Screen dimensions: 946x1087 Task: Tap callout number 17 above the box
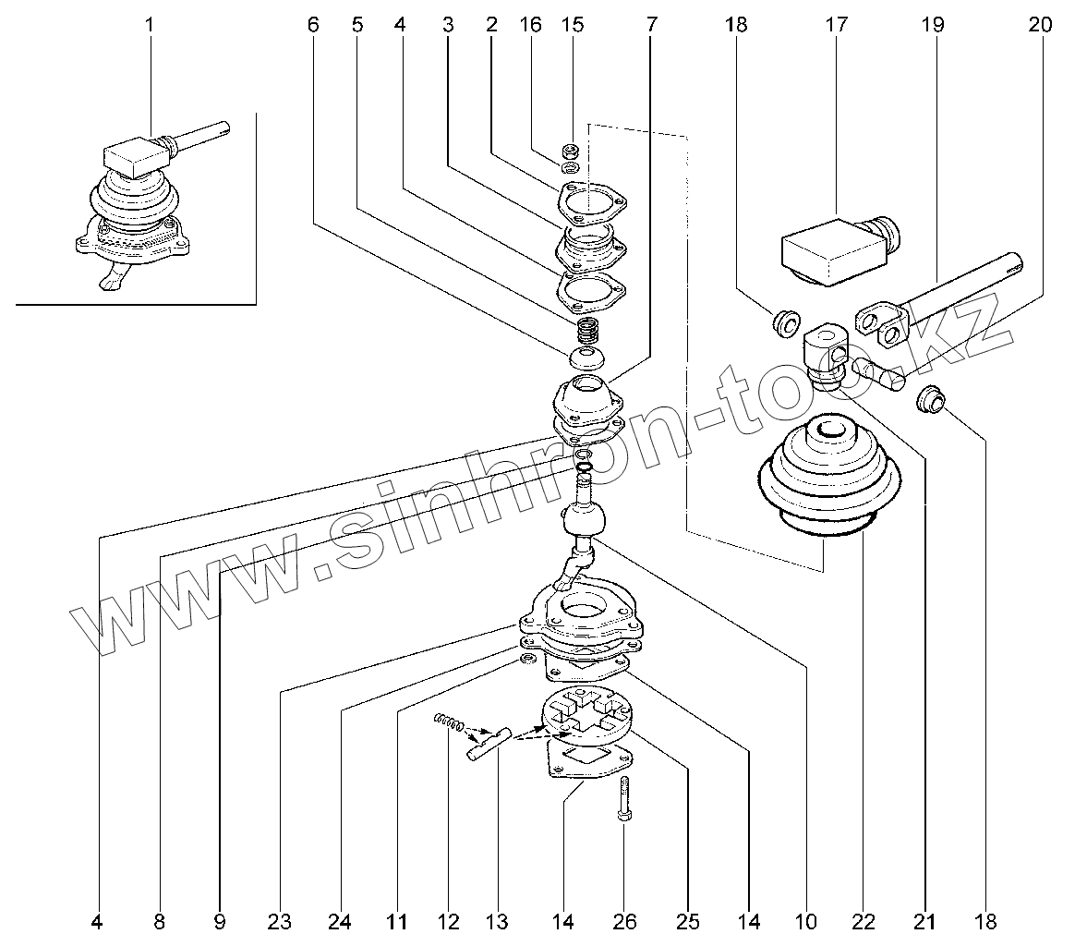[x=836, y=26]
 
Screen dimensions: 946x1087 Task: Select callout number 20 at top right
[x=1039, y=26]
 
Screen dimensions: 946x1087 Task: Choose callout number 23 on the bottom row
[x=280, y=921]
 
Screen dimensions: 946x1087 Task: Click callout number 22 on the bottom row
[x=864, y=921]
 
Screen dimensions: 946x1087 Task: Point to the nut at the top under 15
[x=571, y=150]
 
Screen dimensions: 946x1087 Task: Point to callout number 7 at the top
[x=652, y=26]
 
